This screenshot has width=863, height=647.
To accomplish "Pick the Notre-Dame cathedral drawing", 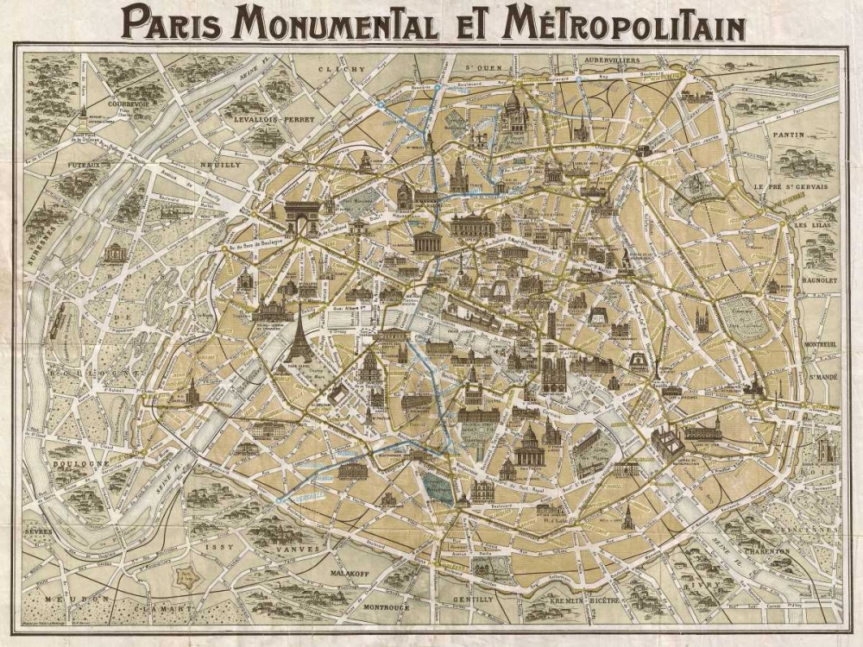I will pyautogui.click(x=551, y=373).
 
